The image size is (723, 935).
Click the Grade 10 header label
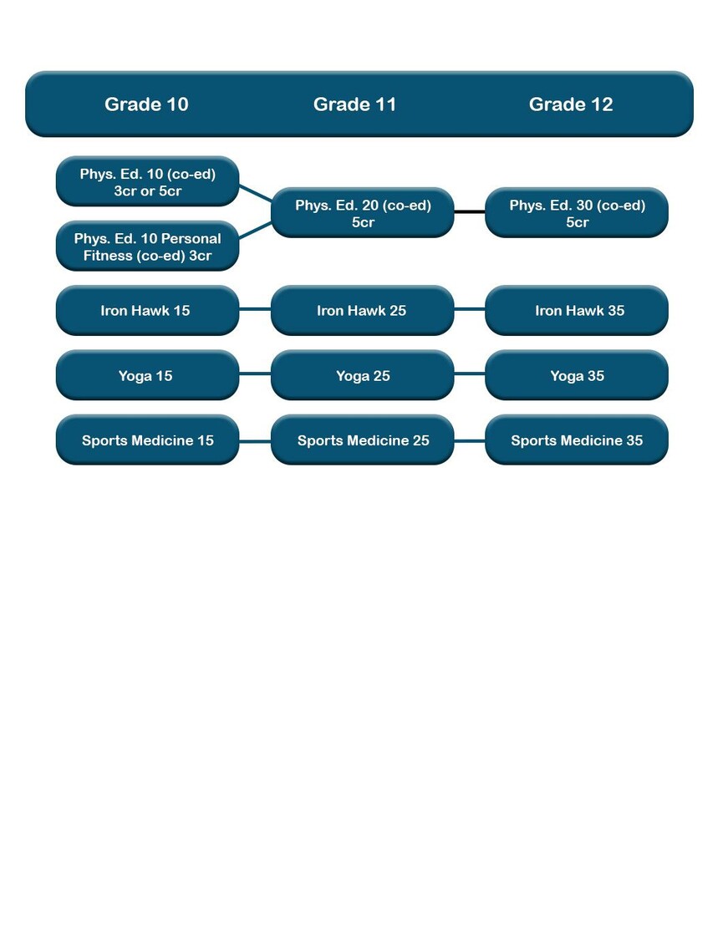coord(146,104)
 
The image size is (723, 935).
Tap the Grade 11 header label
coord(355,104)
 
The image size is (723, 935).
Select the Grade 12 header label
coord(571,104)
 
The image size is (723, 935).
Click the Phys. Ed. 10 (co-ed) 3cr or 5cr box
coord(147,181)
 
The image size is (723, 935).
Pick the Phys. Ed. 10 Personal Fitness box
coord(147,246)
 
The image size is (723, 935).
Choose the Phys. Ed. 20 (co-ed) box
coord(362,213)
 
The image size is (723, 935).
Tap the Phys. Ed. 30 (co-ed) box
coord(576,213)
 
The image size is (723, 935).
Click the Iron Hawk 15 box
coord(147,311)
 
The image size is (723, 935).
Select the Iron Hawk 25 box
coord(362,311)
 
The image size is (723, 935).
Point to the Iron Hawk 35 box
coord(576,311)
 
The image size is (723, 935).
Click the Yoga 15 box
coord(147,375)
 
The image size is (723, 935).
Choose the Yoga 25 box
coord(362,375)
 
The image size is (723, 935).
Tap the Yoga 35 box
coord(576,375)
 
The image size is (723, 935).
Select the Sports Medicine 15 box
coord(147,440)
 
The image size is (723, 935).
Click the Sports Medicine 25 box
coord(362,440)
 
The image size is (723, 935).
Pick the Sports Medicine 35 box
coord(576,440)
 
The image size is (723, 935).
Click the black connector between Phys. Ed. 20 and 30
coord(470,211)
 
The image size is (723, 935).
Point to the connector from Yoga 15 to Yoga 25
coord(255,373)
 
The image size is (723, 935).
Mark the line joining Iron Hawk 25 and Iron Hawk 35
coord(470,309)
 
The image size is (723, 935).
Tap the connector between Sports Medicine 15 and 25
coord(255,441)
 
